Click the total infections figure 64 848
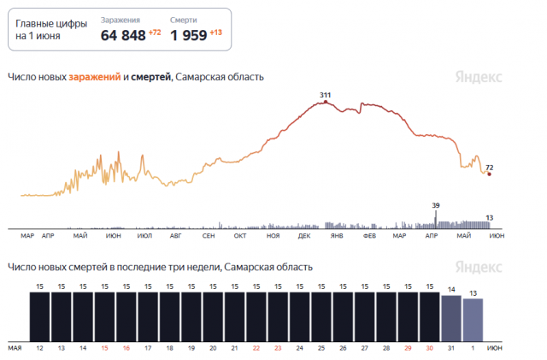click(x=122, y=35)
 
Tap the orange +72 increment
click(x=155, y=32)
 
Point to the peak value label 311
click(x=325, y=94)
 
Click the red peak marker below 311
click(x=325, y=103)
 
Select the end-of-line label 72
click(x=490, y=167)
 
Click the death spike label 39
click(x=436, y=205)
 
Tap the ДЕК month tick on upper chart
click(x=304, y=235)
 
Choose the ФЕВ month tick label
click(x=369, y=235)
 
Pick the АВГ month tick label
click(x=176, y=235)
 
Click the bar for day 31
click(x=451, y=319)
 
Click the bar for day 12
click(x=40, y=317)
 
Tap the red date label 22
click(x=256, y=349)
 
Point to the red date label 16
click(x=126, y=349)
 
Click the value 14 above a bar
click(x=451, y=289)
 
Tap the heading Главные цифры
click(x=51, y=24)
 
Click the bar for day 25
click(x=321, y=317)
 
